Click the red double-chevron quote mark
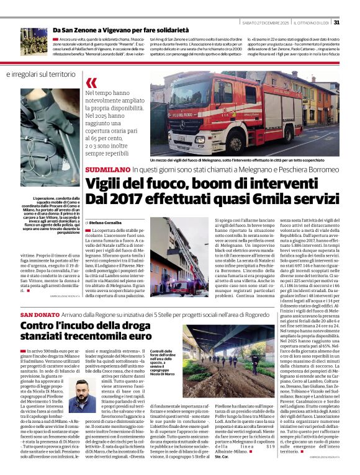(91, 83)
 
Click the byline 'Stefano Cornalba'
(106, 222)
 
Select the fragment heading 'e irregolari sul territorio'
(42, 74)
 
